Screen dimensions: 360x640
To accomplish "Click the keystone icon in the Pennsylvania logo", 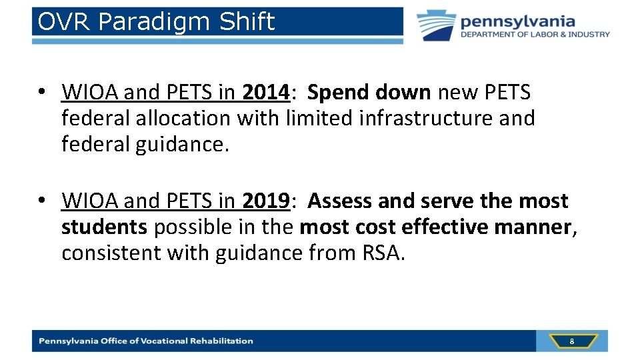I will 437,25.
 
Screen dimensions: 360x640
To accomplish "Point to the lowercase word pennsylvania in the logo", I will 517,21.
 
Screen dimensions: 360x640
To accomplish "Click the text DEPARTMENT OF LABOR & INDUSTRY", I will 535,35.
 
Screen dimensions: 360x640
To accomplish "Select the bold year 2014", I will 266,93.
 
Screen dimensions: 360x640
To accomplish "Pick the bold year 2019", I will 266,201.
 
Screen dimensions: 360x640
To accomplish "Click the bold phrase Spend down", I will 369,93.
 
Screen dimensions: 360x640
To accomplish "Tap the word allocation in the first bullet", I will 183,119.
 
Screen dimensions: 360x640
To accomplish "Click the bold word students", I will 104,227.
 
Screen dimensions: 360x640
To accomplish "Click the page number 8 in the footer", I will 571,341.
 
